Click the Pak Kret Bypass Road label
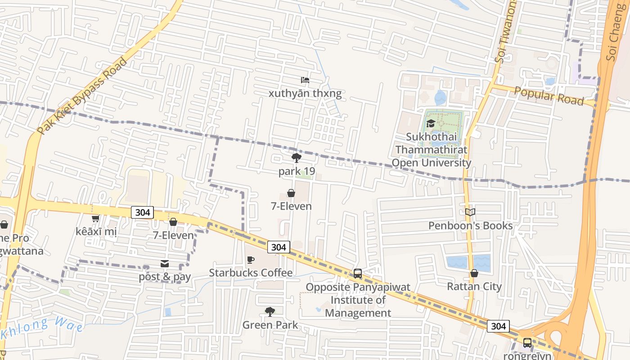[x=82, y=96]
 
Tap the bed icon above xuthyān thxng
[x=305, y=81]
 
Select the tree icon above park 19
[x=296, y=157]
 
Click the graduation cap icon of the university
[x=431, y=123]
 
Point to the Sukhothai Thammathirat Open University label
[x=431, y=150]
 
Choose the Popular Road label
[x=549, y=96]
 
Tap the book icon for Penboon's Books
[x=470, y=212]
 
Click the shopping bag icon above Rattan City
[x=474, y=273]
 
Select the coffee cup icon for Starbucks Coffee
[x=251, y=260]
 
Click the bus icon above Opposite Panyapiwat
[x=358, y=273]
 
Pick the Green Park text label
[x=270, y=325]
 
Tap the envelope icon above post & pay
[x=165, y=264]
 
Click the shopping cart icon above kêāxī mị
[x=95, y=219]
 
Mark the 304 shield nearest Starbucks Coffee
[x=279, y=247]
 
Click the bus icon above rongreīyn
[x=527, y=343]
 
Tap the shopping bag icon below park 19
[x=291, y=193]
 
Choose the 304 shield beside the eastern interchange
[x=498, y=326]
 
